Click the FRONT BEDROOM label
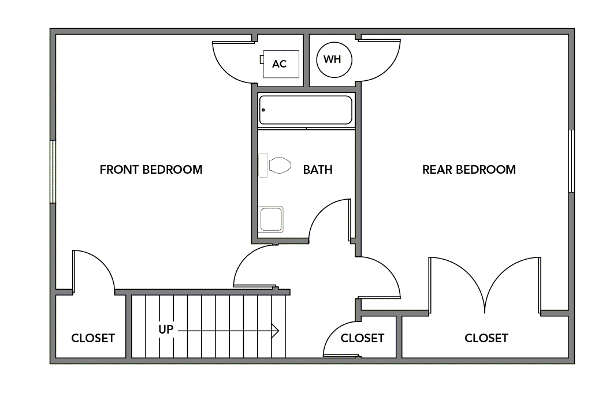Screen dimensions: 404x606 (x=151, y=170)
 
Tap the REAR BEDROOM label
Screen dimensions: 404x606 (x=469, y=170)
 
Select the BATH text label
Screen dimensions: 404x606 (x=318, y=170)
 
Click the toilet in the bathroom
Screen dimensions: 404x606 (x=276, y=165)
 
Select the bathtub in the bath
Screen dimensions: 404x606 (x=306, y=110)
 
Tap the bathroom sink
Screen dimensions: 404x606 (x=271, y=219)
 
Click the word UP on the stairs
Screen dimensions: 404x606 (x=166, y=330)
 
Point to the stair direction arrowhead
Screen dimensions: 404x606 (x=276, y=331)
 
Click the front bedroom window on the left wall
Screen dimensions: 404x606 (x=53, y=171)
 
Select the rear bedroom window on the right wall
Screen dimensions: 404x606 (x=571, y=161)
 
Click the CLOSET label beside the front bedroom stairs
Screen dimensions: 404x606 (x=92, y=338)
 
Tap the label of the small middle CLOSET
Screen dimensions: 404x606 (x=362, y=338)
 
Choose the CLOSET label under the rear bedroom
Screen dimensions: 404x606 (x=486, y=338)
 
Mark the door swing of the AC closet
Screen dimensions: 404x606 (x=231, y=63)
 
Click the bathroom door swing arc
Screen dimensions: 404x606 (x=326, y=216)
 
